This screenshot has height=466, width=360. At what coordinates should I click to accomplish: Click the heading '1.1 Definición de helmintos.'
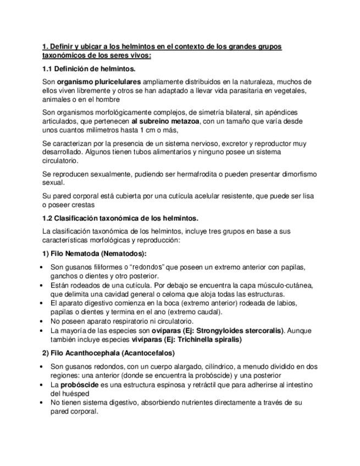click(89, 69)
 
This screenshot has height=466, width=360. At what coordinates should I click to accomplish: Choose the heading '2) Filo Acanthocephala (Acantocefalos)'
click(109, 352)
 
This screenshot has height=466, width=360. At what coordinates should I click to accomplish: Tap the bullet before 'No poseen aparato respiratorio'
click(44, 321)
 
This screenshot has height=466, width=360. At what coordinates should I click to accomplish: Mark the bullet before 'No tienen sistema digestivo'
click(44, 402)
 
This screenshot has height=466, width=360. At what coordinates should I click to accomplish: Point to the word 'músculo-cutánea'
click(286, 285)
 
